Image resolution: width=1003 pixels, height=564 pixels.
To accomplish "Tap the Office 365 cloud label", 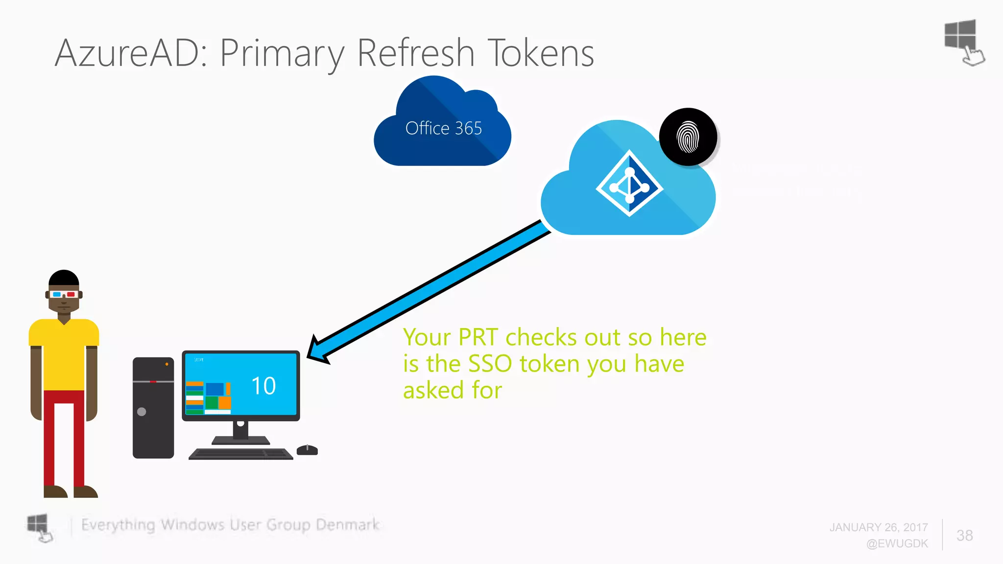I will tap(443, 128).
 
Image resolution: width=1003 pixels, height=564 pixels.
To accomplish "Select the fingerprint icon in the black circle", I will tap(688, 137).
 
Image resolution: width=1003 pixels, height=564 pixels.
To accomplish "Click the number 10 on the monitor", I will tap(263, 386).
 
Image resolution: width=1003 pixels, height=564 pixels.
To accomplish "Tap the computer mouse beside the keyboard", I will tap(307, 450).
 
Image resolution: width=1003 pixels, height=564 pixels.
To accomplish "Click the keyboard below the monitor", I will tap(241, 454).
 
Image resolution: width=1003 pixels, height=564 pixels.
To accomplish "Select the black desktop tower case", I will tap(153, 407).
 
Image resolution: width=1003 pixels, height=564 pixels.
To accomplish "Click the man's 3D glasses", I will tap(64, 294).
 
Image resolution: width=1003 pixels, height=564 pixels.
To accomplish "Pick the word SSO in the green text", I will tap(490, 364).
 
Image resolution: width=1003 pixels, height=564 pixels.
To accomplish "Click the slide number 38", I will tap(964, 535).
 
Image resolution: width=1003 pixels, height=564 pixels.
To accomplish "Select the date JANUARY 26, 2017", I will tap(879, 527).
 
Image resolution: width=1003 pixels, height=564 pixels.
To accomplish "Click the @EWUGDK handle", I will tap(897, 543).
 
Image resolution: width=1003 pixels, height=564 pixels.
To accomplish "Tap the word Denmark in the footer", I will tap(347, 525).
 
